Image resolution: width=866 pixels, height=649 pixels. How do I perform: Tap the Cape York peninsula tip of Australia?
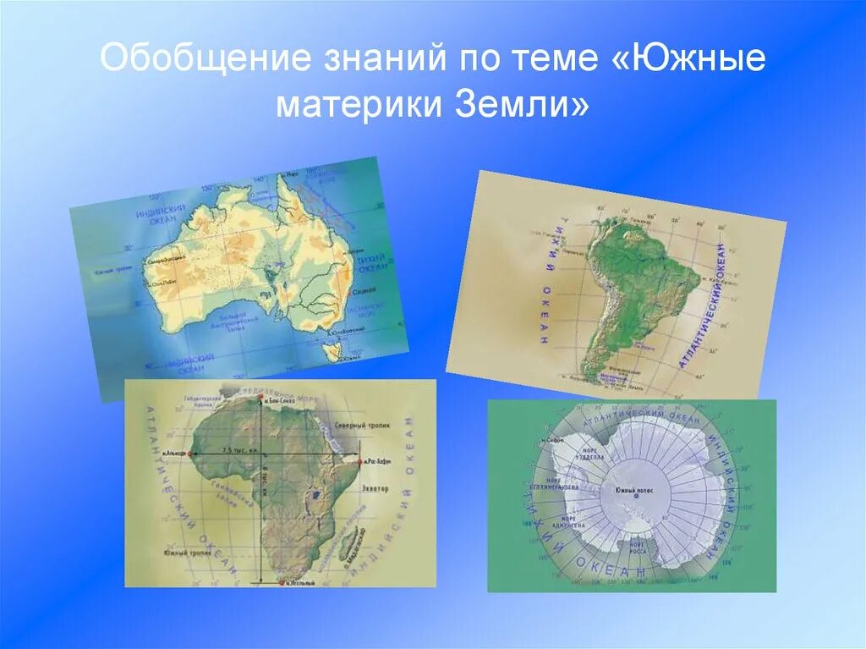282,180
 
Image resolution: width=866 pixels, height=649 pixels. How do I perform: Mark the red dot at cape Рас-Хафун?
360,462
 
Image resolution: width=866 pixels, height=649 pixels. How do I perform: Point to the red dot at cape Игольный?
280,582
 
